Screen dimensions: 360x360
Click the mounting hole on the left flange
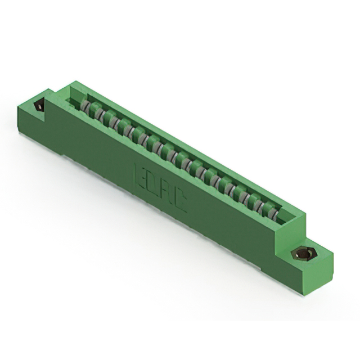[39, 106]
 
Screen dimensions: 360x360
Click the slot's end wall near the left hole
[70, 99]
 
